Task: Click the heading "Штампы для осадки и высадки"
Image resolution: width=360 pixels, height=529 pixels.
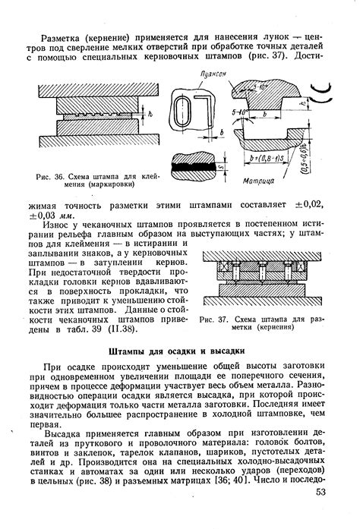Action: click(x=180, y=351)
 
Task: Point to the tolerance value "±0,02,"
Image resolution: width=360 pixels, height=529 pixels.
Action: click(x=311, y=205)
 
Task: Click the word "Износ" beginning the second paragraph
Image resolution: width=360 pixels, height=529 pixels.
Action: click(x=64, y=225)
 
